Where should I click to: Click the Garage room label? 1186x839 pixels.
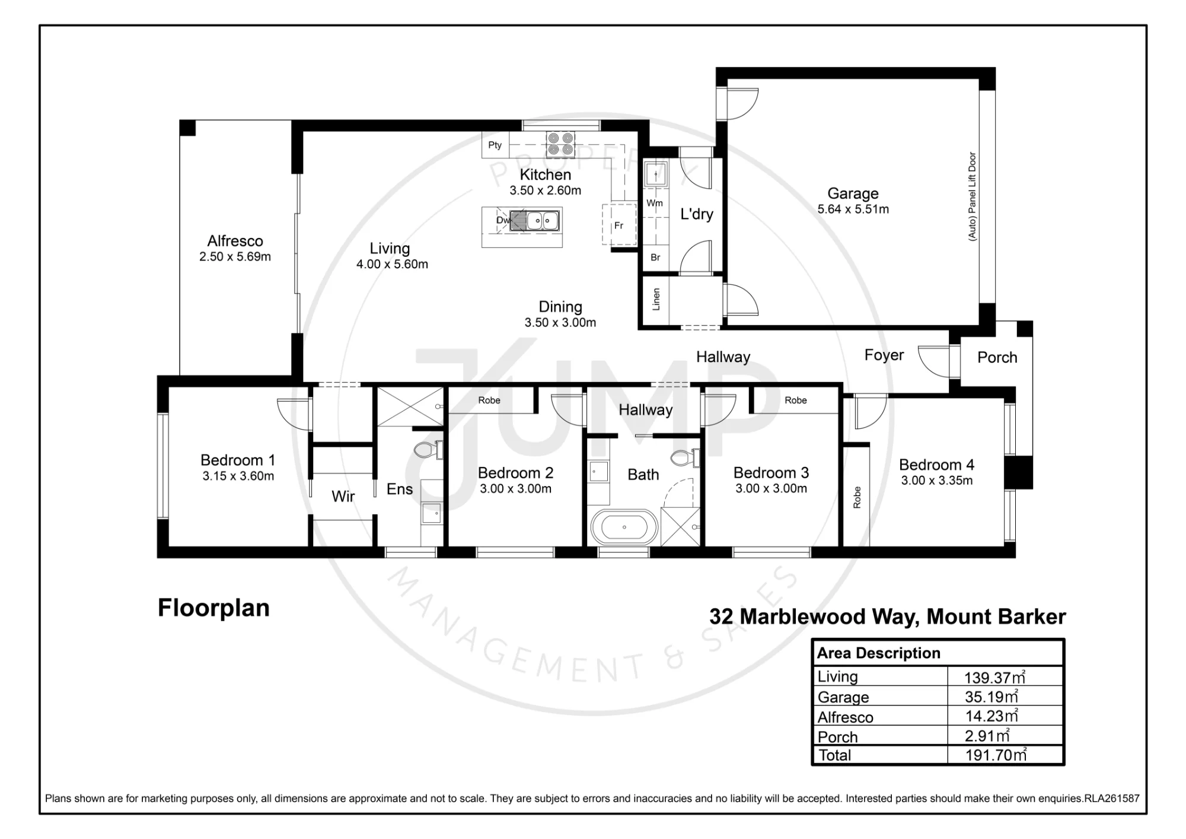coord(853,193)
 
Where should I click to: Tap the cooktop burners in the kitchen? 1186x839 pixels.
coord(560,143)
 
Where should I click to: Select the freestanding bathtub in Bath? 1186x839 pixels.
coord(624,527)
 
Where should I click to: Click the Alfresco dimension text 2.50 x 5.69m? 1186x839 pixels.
coord(235,257)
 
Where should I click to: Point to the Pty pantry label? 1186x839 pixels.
coord(495,145)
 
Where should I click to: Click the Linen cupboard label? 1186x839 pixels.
coord(656,299)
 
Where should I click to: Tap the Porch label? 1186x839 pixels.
coord(997,357)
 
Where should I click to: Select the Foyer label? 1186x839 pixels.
coord(884,355)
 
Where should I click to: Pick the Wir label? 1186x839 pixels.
coord(343,496)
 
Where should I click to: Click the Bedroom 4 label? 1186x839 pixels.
coord(936,465)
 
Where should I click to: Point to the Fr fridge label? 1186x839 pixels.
coord(618,225)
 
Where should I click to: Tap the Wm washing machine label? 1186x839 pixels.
coord(655,203)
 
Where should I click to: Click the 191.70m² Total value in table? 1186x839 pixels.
coord(995,755)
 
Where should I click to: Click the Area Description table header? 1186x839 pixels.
coord(879,653)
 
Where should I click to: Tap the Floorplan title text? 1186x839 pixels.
coord(213,608)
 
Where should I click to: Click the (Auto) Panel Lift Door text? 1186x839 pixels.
coord(972,196)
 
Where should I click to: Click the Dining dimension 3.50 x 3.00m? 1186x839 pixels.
coord(560,323)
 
